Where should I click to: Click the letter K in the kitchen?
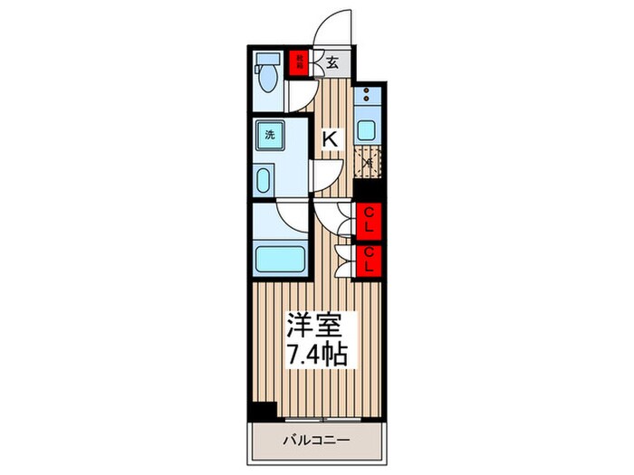(331, 138)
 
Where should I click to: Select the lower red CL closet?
(369, 260)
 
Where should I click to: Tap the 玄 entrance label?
(332, 62)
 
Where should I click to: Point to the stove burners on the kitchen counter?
(367, 97)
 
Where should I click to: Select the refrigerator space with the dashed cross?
(369, 163)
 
